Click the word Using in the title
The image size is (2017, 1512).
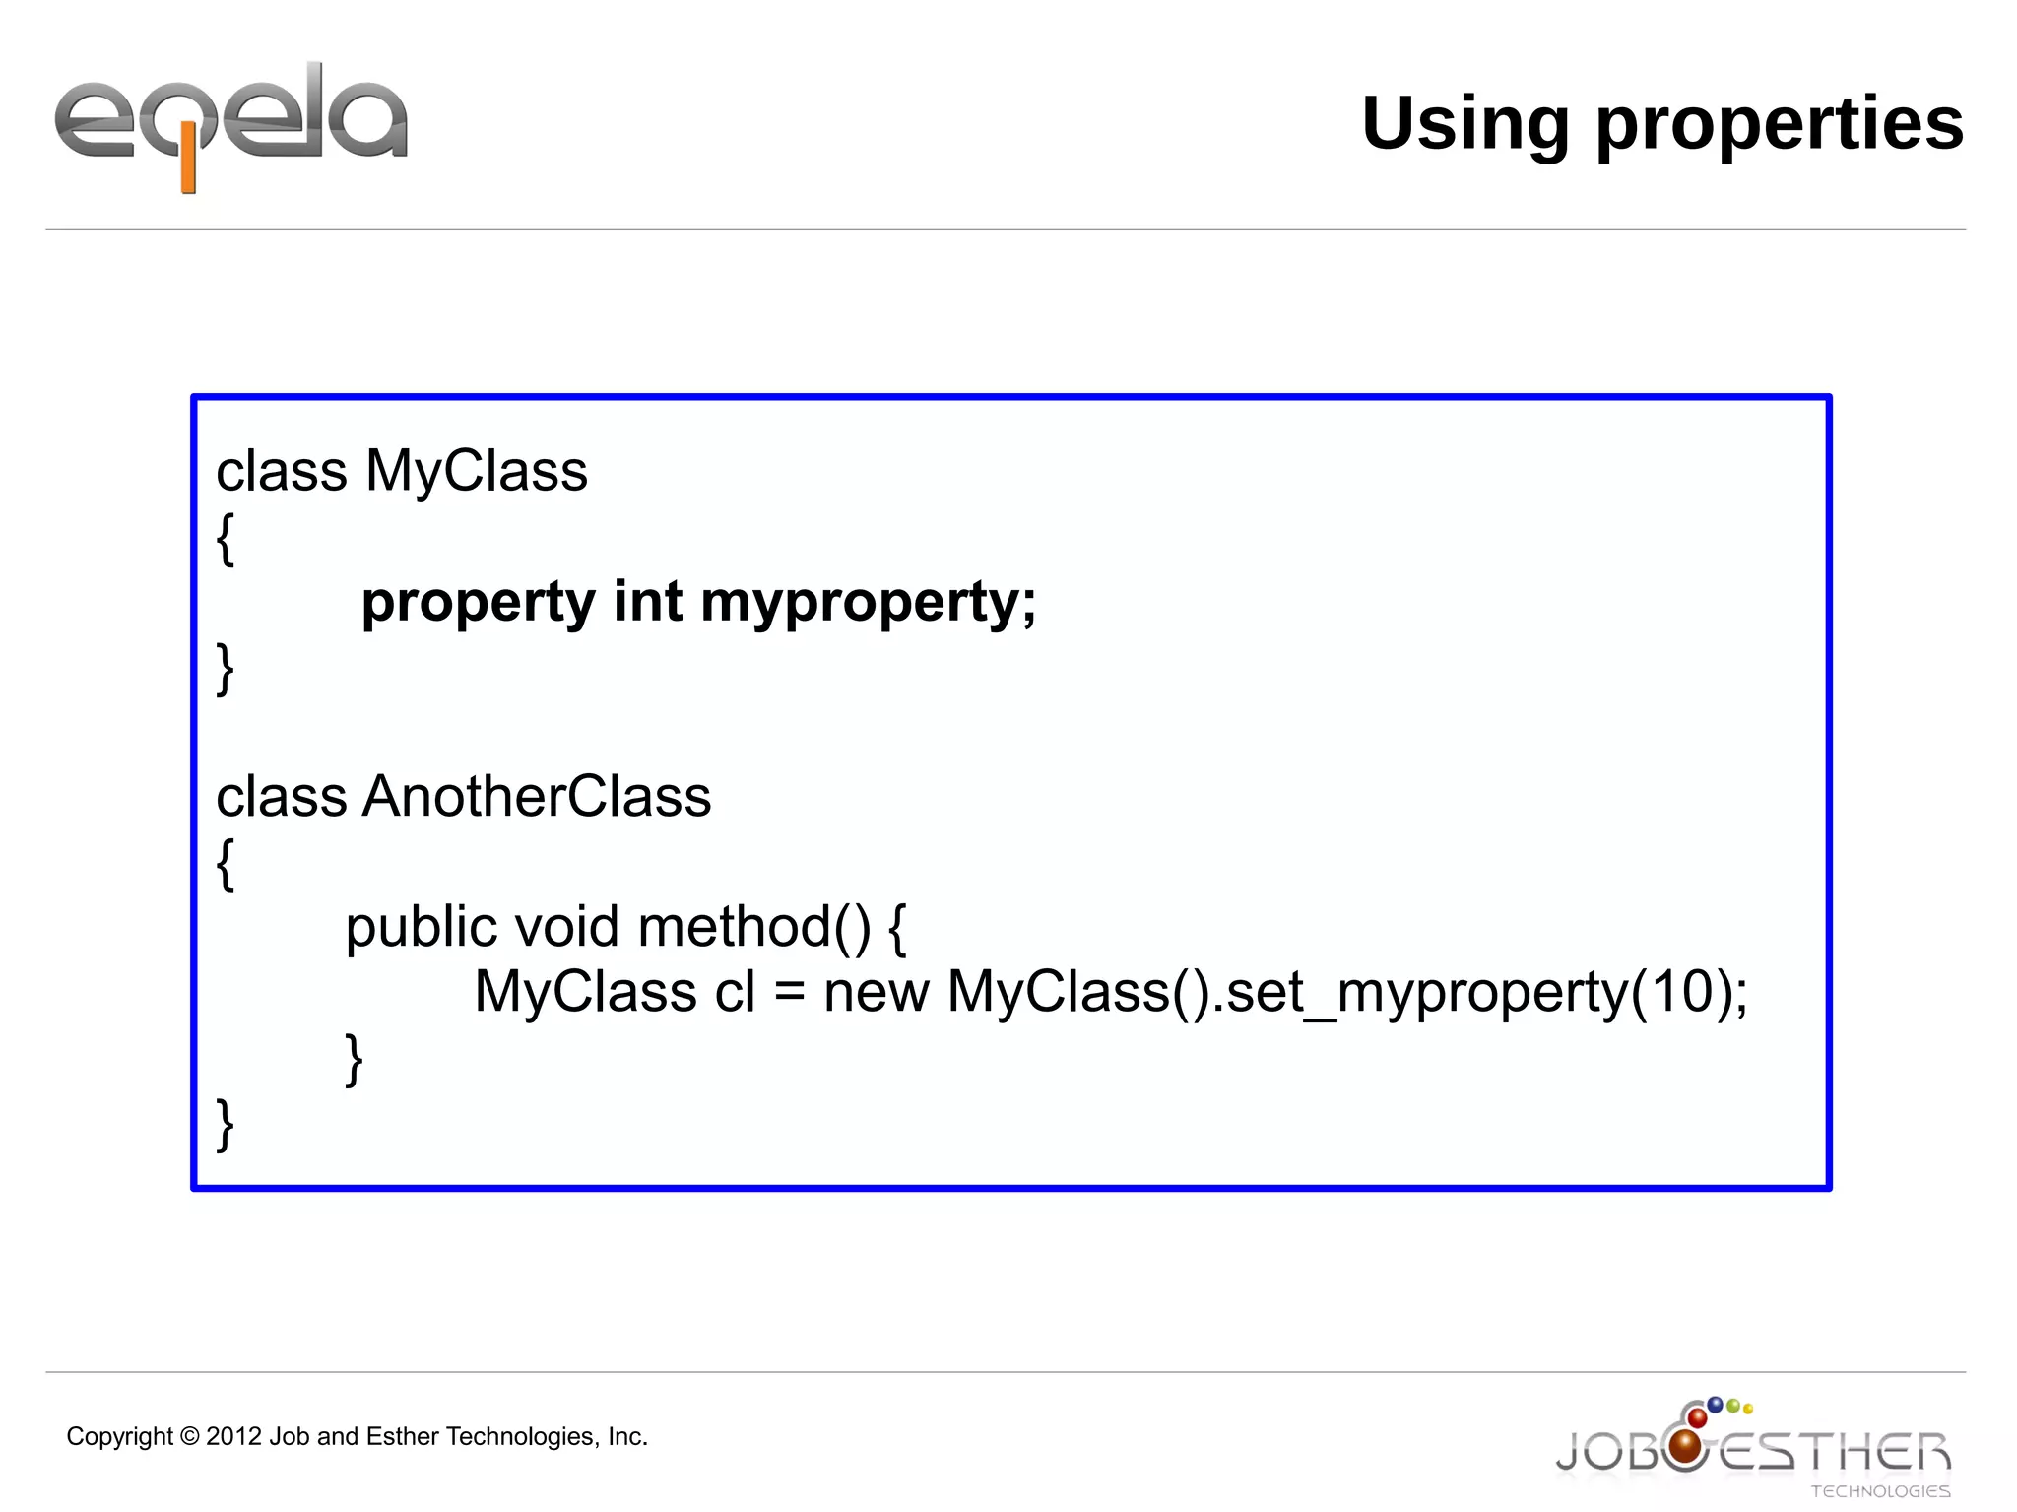[1464, 124]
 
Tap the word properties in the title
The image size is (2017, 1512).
[1779, 126]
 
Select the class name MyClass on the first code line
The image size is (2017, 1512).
[477, 471]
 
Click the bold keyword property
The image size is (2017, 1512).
[478, 603]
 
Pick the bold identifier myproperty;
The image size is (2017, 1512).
[869, 603]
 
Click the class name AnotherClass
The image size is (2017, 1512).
[537, 796]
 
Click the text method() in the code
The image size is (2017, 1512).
[754, 928]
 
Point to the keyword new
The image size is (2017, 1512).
[876, 992]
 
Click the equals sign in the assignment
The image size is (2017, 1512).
[790, 993]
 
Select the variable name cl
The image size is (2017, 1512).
[735, 992]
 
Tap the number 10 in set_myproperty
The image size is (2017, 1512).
[1682, 991]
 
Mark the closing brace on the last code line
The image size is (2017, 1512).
[226, 1124]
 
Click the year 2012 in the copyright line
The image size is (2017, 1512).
[233, 1436]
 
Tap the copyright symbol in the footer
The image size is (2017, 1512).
[190, 1437]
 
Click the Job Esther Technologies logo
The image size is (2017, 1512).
[1752, 1448]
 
